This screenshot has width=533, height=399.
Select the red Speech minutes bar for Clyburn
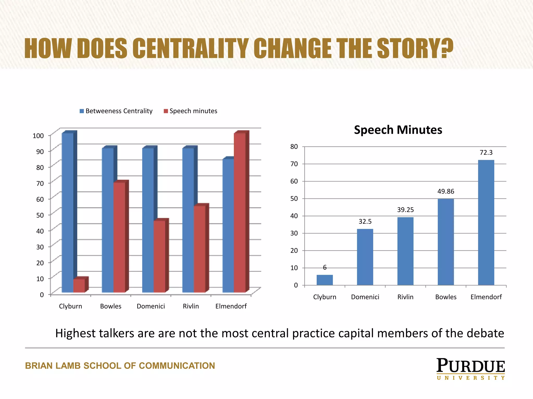tap(79, 285)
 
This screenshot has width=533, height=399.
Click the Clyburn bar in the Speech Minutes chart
tap(325, 280)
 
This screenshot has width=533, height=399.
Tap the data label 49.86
tap(446, 191)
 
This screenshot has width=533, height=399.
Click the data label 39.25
tap(405, 210)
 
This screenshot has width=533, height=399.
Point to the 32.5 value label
tap(365, 222)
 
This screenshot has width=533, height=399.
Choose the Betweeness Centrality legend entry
tap(116, 111)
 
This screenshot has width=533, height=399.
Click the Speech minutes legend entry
tap(191, 111)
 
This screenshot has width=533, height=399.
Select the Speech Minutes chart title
tap(398, 130)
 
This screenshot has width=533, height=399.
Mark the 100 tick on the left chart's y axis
tap(38, 136)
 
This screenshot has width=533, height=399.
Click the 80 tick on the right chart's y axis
tap(294, 147)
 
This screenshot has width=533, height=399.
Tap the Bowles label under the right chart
tap(446, 297)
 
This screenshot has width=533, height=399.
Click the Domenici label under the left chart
tap(151, 306)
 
